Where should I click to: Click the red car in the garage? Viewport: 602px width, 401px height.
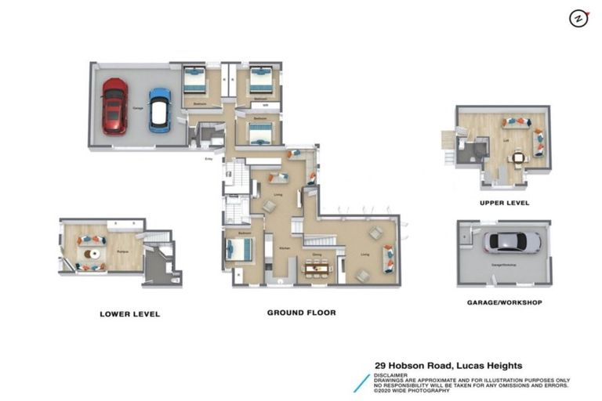click(x=114, y=106)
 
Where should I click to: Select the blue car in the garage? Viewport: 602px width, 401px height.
click(x=160, y=110)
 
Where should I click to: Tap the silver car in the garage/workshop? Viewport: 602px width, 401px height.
click(x=511, y=242)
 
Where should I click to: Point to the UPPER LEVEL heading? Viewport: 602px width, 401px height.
click(x=504, y=203)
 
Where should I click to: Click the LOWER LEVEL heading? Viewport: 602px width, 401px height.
click(x=129, y=314)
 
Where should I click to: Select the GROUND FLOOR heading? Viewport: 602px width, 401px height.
click(x=301, y=312)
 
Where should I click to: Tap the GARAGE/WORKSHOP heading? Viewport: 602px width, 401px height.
click(x=504, y=302)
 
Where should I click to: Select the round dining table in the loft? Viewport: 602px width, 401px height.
click(x=518, y=157)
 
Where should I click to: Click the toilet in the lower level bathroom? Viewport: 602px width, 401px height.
click(x=176, y=278)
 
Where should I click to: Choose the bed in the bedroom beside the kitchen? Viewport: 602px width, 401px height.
click(x=241, y=251)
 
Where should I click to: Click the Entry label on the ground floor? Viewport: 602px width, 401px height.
click(x=209, y=159)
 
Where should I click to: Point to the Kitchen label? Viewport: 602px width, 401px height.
click(x=285, y=247)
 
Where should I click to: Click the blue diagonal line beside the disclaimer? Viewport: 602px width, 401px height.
click(x=361, y=382)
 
